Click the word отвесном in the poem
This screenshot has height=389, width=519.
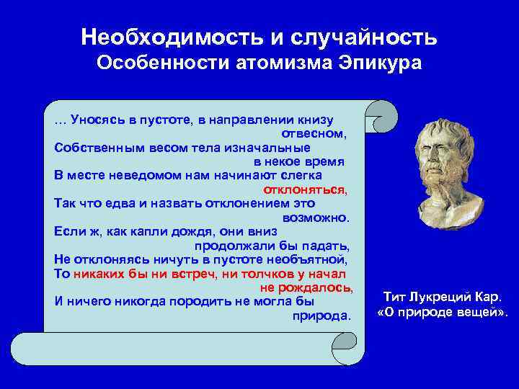pyautogui.click(x=314, y=134)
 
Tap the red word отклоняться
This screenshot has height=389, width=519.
pyautogui.click(x=305, y=189)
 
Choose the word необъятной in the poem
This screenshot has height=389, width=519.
pyautogui.click(x=311, y=259)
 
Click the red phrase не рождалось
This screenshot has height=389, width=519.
pyautogui.click(x=306, y=287)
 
